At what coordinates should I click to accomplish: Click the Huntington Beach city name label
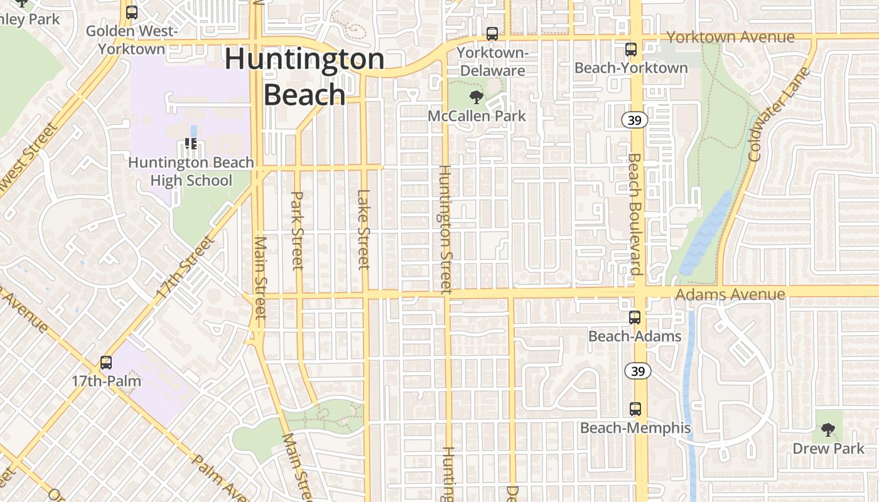click(x=305, y=77)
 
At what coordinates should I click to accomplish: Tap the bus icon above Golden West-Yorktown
click(x=132, y=12)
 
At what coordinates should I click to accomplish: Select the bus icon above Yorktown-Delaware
click(x=492, y=34)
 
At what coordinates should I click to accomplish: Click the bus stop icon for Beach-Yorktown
click(x=631, y=49)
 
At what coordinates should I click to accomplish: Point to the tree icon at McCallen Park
click(x=477, y=97)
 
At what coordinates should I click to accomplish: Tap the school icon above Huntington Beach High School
click(x=191, y=144)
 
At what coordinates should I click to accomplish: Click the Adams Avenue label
click(x=730, y=294)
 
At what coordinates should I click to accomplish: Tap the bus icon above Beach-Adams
click(x=635, y=318)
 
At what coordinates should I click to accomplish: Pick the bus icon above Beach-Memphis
click(x=635, y=409)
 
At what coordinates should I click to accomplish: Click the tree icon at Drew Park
click(x=828, y=430)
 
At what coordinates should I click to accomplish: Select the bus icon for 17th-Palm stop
click(x=106, y=363)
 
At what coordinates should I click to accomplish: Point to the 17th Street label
click(x=186, y=266)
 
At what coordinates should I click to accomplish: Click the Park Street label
click(x=298, y=230)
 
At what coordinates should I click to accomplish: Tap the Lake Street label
click(x=364, y=229)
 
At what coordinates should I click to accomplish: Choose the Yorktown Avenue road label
click(x=730, y=37)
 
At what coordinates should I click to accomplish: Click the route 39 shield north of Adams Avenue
click(x=635, y=120)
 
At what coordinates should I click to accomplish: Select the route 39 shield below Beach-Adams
click(x=638, y=371)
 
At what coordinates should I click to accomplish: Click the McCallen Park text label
click(x=477, y=115)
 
